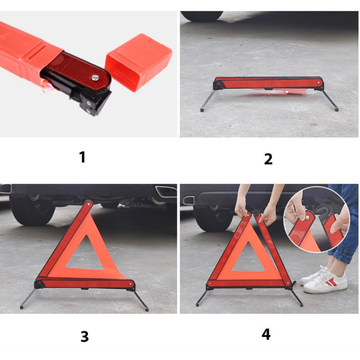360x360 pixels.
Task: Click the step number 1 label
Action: (82, 157)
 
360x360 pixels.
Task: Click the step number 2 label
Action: (268, 159)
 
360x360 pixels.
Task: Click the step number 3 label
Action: (84, 336)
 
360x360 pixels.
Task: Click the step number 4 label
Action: (266, 334)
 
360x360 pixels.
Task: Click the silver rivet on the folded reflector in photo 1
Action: (95, 78)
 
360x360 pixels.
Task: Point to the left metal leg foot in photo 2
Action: (202, 110)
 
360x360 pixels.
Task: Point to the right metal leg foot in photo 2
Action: (336, 109)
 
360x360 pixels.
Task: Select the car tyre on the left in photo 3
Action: (32, 210)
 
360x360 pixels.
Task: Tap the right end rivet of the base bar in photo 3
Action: (130, 284)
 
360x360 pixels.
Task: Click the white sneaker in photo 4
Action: (326, 282)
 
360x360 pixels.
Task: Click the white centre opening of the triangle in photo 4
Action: (248, 258)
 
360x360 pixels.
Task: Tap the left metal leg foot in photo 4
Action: (197, 304)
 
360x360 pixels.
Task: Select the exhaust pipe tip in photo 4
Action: (189, 200)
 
